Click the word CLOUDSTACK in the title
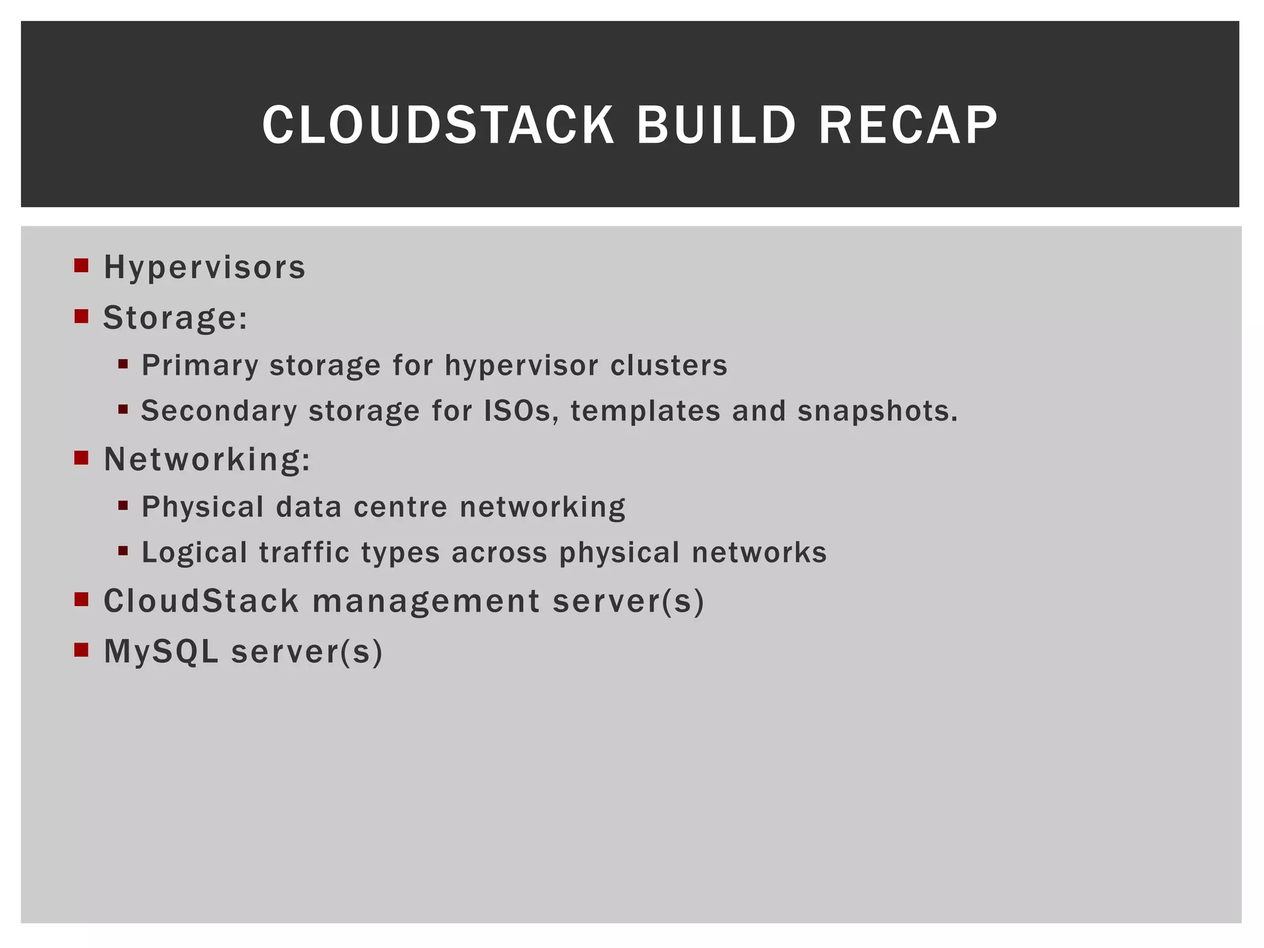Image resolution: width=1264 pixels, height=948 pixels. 438,125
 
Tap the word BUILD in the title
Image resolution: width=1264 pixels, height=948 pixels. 716,125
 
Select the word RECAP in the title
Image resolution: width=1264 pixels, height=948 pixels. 908,125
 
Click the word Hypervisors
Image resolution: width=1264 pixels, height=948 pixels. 204,268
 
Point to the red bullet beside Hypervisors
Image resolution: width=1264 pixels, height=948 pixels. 81,265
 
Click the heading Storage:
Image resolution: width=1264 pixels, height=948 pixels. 175,318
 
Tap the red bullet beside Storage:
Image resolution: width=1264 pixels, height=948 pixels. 81,316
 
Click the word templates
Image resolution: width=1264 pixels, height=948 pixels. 645,411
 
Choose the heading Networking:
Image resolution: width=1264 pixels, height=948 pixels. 207,460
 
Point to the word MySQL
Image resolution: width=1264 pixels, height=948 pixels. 160,652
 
